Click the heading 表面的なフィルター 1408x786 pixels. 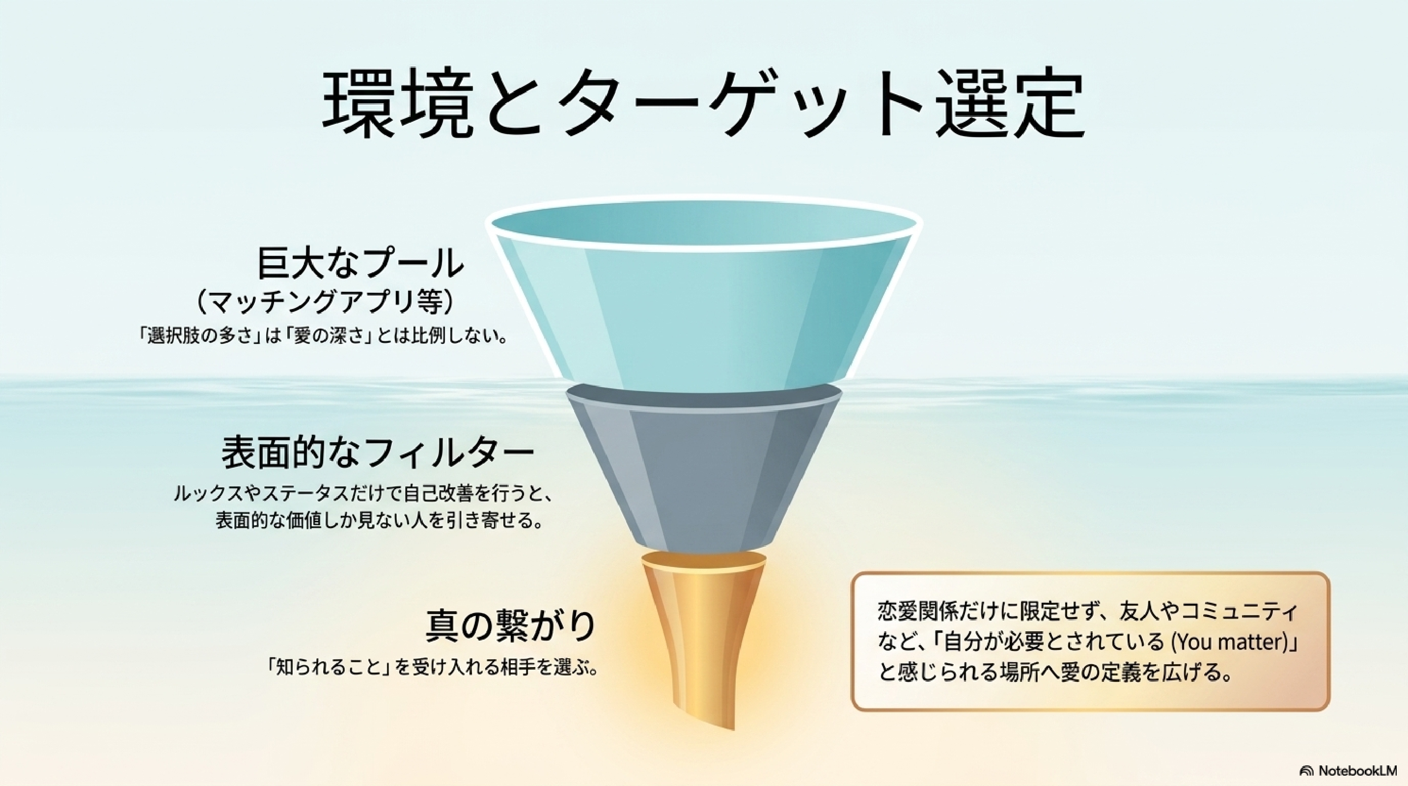(378, 452)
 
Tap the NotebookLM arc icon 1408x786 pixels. (1306, 771)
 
